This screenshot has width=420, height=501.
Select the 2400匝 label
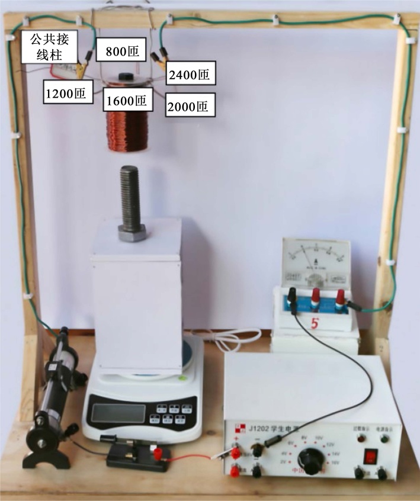pyautogui.click(x=189, y=75)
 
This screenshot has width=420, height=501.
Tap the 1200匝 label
pyautogui.click(x=68, y=93)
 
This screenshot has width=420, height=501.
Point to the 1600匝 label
pyautogui.click(x=126, y=100)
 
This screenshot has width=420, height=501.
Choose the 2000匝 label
pyautogui.click(x=189, y=107)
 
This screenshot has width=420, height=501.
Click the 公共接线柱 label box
pyautogui.click(x=50, y=47)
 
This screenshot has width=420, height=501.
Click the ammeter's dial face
pyautogui.click(x=315, y=261)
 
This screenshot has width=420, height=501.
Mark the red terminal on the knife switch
pyautogui.click(x=158, y=454)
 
